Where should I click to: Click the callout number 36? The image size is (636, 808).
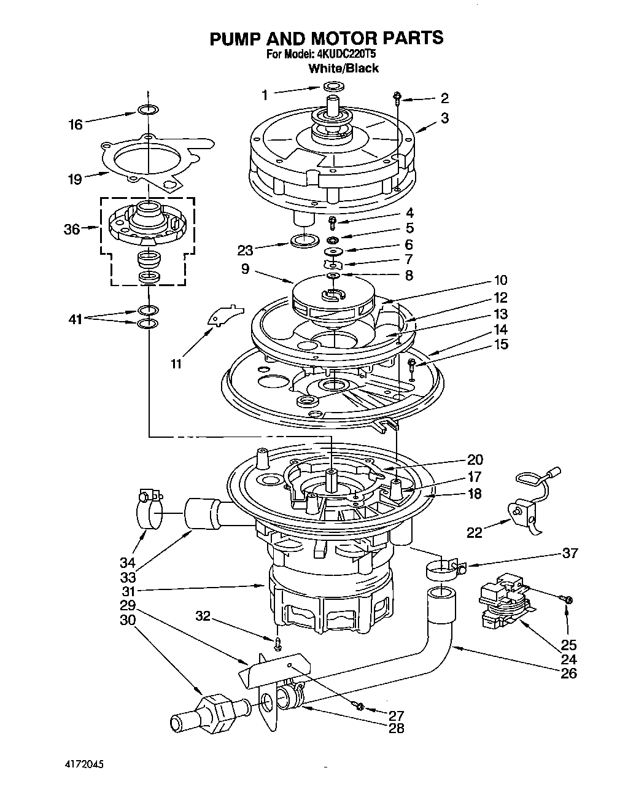72,229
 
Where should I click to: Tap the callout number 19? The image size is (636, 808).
75,179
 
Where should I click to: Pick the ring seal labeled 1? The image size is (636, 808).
332,86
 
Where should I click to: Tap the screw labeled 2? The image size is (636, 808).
397,97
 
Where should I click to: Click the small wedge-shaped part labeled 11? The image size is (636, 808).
220,313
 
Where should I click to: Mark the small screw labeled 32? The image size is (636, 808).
277,643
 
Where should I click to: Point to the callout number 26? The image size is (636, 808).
569,673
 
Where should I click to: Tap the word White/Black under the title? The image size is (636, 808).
343,68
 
